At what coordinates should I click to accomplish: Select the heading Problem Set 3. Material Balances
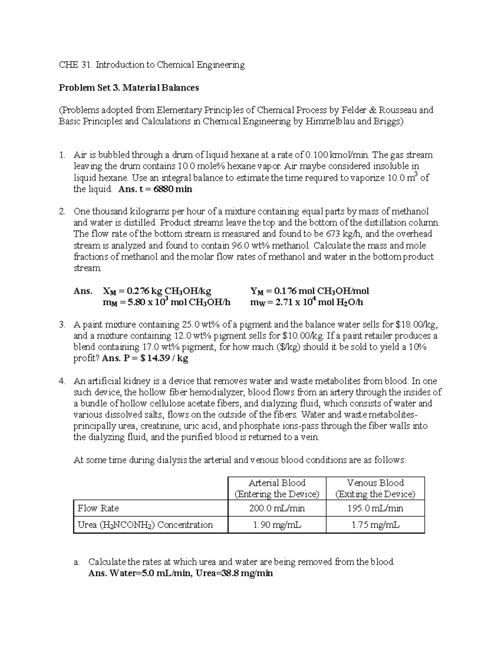pyautogui.click(x=129, y=88)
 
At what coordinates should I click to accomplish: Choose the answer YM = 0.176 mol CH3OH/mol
pyautogui.click(x=309, y=291)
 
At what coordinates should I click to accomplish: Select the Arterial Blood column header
pyautogui.click(x=277, y=488)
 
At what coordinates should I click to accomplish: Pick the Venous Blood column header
pyautogui.click(x=375, y=488)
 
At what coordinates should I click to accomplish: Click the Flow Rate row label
pyautogui.click(x=98, y=508)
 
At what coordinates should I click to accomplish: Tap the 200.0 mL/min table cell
pyautogui.click(x=277, y=508)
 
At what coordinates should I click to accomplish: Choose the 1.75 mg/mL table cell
pyautogui.click(x=375, y=525)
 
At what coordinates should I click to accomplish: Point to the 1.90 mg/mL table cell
pyautogui.click(x=277, y=525)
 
